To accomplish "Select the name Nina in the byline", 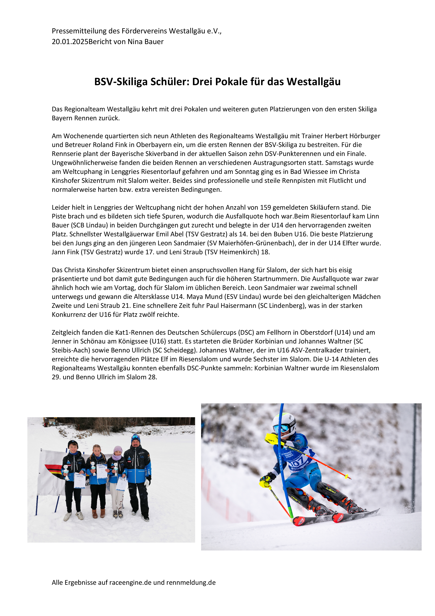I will (x=135, y=42).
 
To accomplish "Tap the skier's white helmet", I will (x=285, y=421).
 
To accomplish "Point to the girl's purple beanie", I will (x=118, y=449).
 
